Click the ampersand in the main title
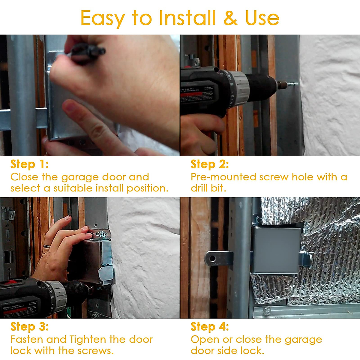tap(230, 18)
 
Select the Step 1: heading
tap(29, 164)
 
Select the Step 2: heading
tap(210, 164)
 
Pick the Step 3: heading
tap(29, 326)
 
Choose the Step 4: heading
tap(210, 326)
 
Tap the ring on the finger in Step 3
tap(46, 247)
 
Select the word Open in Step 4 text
tap(205, 339)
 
